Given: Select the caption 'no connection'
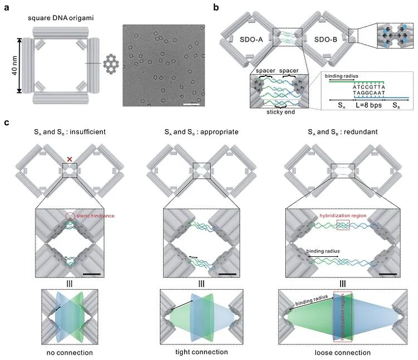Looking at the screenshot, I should click(70, 351).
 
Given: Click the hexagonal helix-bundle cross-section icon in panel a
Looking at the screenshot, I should click(110, 65).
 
